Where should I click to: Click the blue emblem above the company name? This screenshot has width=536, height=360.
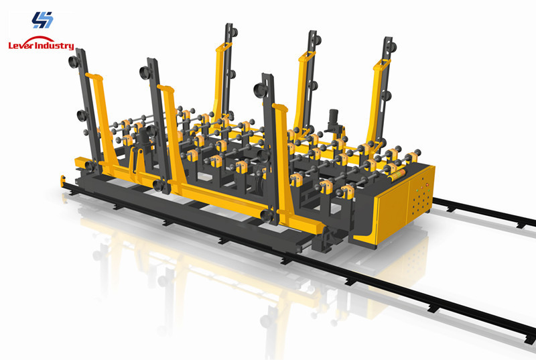42,19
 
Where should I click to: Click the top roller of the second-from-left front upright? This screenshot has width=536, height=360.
147,68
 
